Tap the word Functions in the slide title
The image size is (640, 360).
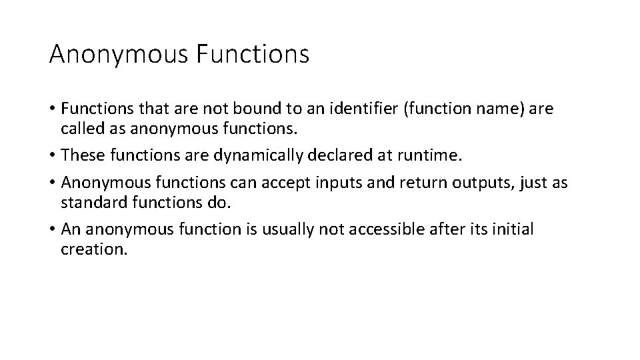(x=253, y=55)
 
